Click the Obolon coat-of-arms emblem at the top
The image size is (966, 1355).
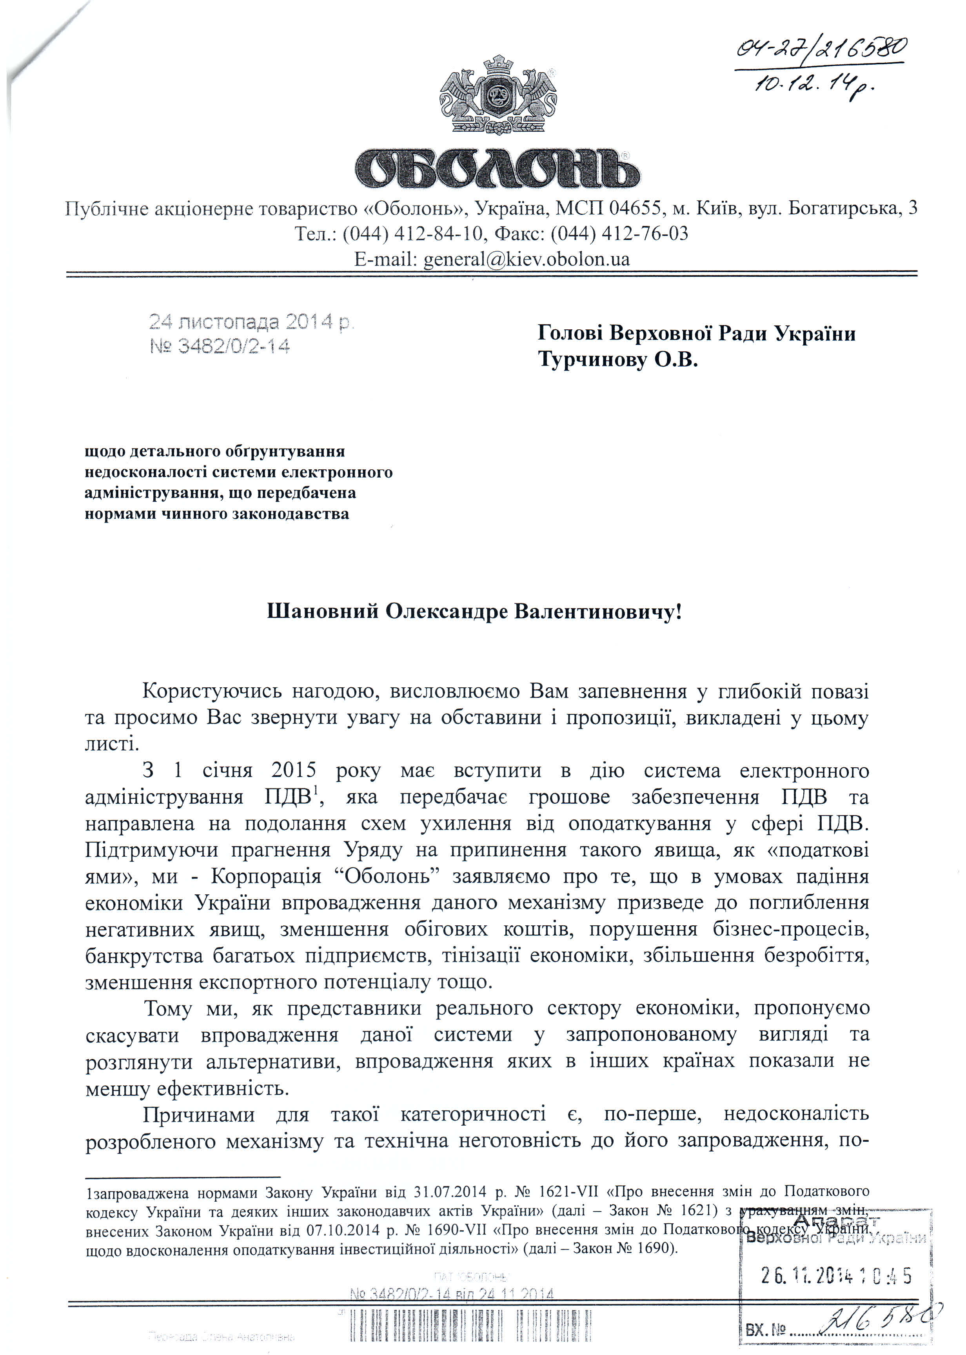click(498, 95)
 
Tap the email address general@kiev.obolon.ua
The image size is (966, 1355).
click(526, 259)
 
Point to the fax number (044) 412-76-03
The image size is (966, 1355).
click(619, 234)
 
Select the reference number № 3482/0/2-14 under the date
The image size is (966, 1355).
click(220, 346)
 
